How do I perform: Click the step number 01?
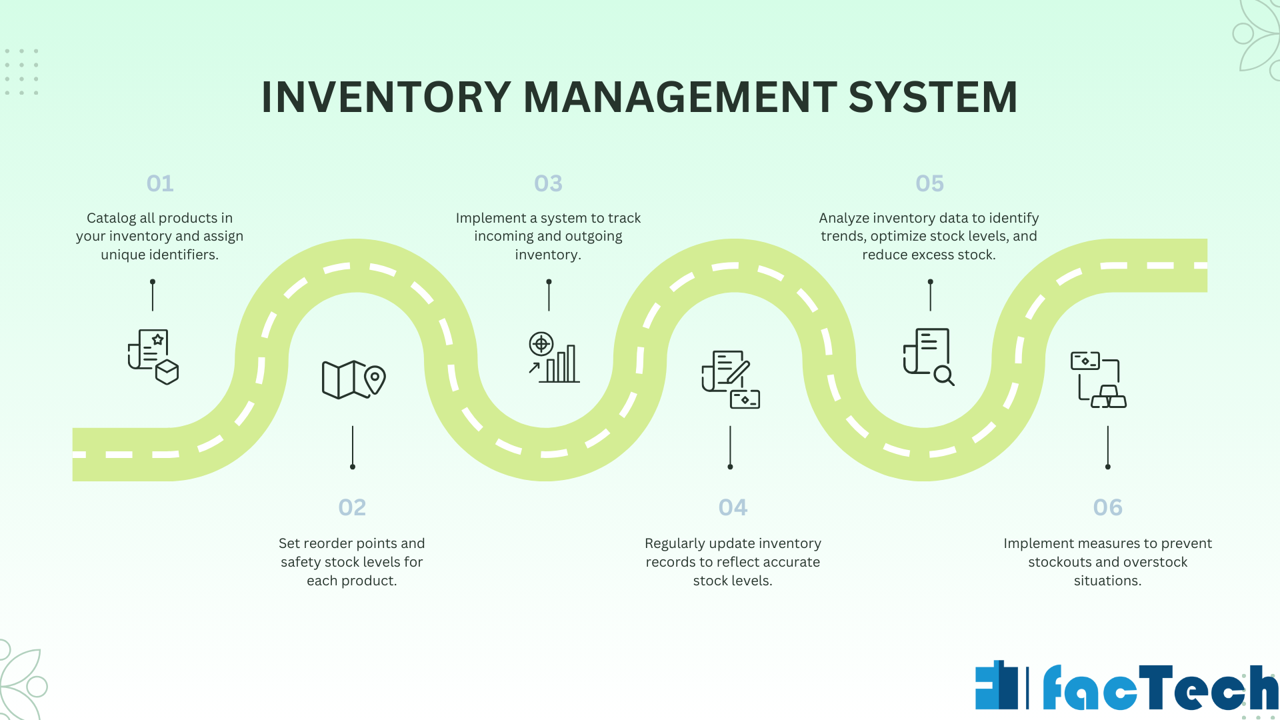(x=160, y=183)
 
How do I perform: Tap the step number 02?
(x=352, y=507)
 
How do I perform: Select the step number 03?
(x=548, y=183)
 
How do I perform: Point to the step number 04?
(x=733, y=507)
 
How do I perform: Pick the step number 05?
(x=929, y=183)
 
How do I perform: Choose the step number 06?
(x=1107, y=507)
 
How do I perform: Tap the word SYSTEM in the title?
(x=933, y=97)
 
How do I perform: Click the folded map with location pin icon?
(x=353, y=379)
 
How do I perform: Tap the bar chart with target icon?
(x=553, y=357)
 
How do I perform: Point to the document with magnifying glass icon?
(x=928, y=357)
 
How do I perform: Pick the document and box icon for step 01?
(x=153, y=357)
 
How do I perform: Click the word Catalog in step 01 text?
(x=111, y=218)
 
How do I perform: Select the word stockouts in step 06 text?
(x=1063, y=562)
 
